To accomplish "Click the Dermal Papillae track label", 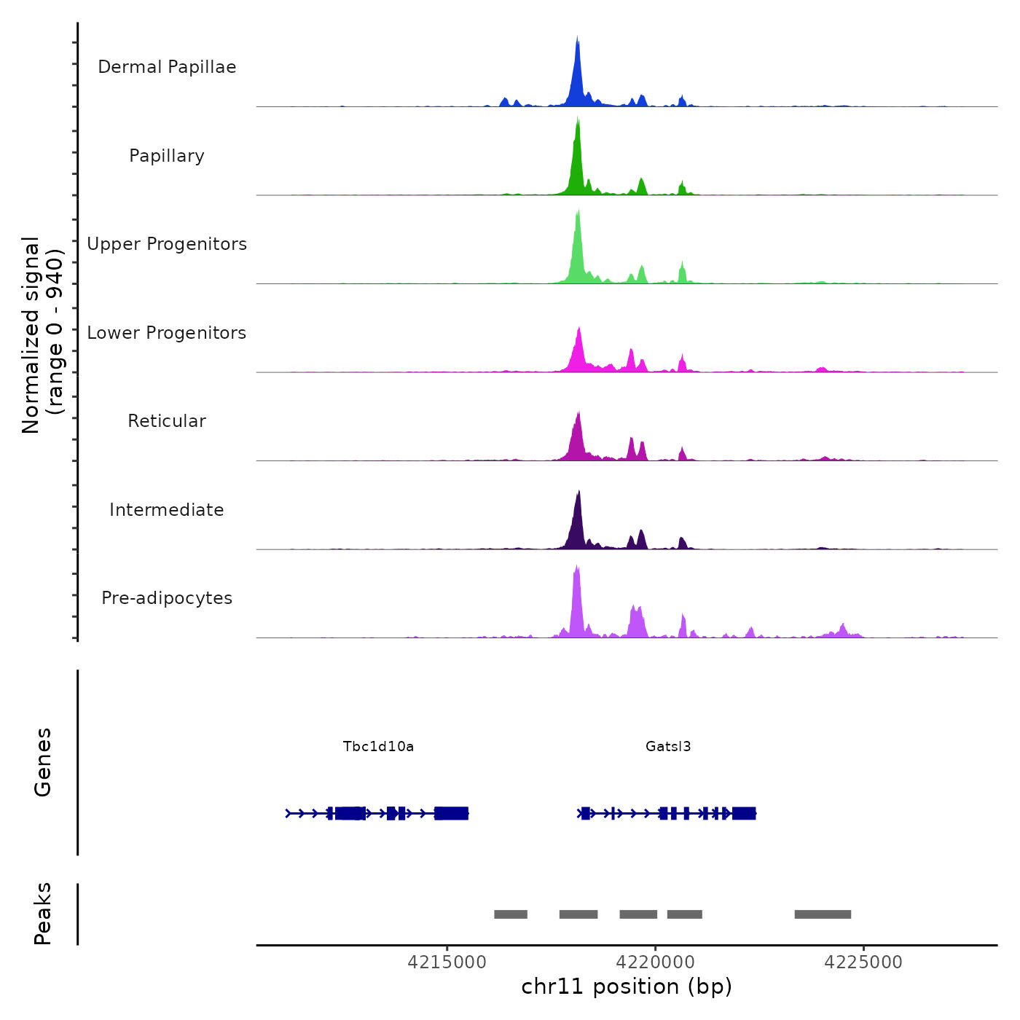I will point(167,67).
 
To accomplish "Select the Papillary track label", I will point(167,156).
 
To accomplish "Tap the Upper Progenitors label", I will point(167,244).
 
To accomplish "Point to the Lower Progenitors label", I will point(167,333).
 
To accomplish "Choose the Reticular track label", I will point(167,421).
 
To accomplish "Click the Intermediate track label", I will point(167,510).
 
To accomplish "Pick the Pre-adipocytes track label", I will point(167,598).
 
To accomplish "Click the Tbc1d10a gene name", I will point(378,747).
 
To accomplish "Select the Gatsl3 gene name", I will point(668,747).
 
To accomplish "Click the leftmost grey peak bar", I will point(511,914).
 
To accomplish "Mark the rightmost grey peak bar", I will point(823,914).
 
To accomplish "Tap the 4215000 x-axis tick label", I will point(447,962).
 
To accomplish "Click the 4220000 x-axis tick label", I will point(655,962).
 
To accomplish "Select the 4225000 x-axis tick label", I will point(863,962).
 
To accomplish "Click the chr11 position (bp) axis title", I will point(627,987).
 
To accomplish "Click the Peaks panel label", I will point(43,914).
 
